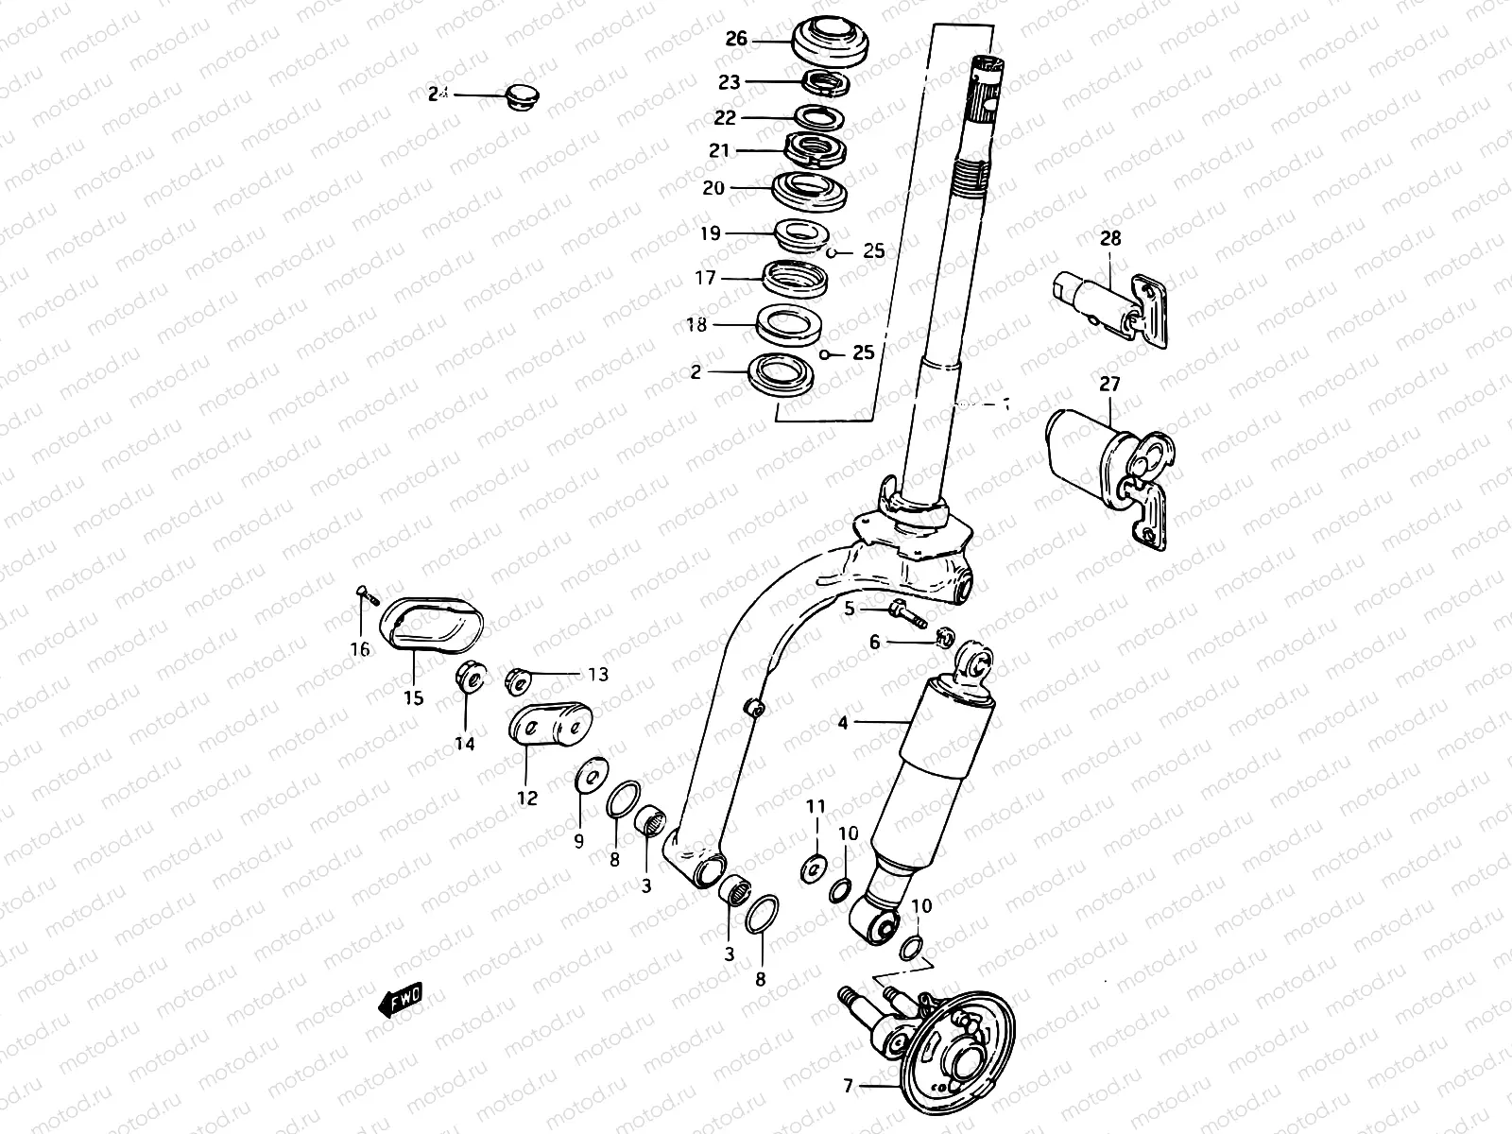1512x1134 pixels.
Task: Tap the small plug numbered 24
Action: pyautogui.click(x=519, y=95)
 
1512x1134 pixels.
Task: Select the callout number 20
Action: pyautogui.click(x=713, y=188)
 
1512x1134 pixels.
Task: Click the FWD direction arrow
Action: pyautogui.click(x=400, y=1001)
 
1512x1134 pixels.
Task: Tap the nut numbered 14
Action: pyautogui.click(x=471, y=677)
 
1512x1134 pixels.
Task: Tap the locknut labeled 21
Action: pyautogui.click(x=815, y=150)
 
